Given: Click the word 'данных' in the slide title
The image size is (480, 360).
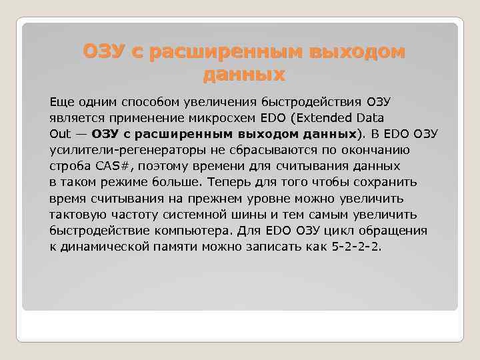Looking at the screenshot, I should [x=244, y=73].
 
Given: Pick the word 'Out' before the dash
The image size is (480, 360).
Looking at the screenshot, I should [x=59, y=133].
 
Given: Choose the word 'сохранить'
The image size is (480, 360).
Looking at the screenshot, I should [x=387, y=182].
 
